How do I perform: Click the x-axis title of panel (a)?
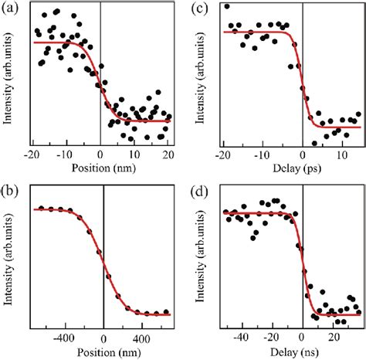pos(100,166)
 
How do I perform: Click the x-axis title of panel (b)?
pos(100,348)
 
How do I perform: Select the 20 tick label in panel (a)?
pos(167,155)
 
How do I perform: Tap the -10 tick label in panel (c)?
pos(262,155)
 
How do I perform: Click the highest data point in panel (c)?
pos(226,7)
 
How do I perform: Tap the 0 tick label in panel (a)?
pos(100,155)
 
